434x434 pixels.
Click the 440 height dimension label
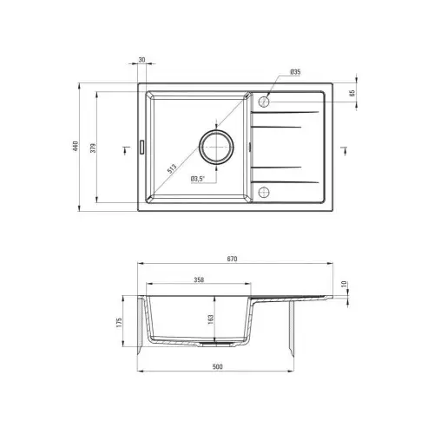tap(76, 147)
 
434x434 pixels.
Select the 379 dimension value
tap(93, 148)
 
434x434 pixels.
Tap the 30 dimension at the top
tap(141, 60)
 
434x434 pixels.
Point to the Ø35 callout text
tap(295, 72)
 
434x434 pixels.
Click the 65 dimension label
tap(352, 93)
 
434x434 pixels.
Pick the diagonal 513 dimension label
tap(172, 168)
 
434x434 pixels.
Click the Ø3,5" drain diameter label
tap(198, 179)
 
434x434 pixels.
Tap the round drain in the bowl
tap(216, 147)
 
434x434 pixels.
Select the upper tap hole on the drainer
tap(264, 102)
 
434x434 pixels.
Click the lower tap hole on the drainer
tap(264, 192)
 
